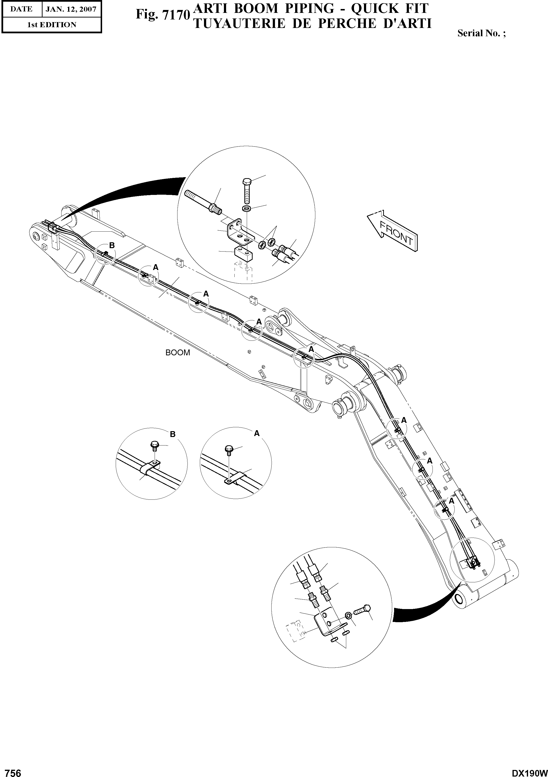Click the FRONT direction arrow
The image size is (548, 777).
(393, 231)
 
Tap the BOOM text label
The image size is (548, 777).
(177, 353)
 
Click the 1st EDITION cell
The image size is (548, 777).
(52, 25)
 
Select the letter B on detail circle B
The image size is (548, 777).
(173, 434)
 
